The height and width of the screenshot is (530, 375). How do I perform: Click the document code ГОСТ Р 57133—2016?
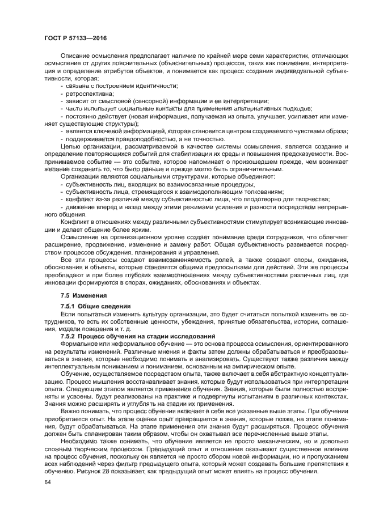(75, 38)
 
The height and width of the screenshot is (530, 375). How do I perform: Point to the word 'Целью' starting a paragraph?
(71, 146)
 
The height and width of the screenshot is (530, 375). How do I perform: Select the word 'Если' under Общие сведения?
(68, 313)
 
